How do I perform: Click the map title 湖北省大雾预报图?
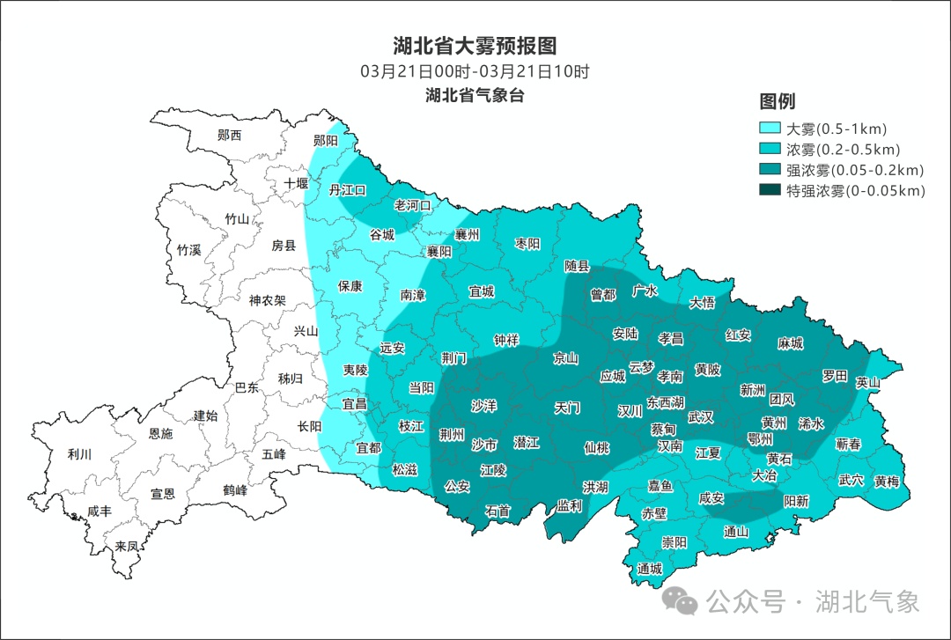[x=475, y=46]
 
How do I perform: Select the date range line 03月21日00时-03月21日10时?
[x=475, y=71]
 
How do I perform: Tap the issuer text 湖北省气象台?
[x=475, y=95]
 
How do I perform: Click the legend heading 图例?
[x=778, y=100]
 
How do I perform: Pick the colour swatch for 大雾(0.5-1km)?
[x=770, y=128]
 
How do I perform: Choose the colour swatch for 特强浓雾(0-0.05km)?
[x=770, y=190]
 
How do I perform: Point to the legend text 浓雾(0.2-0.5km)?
[x=843, y=149]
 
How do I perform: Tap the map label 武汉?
[x=701, y=416]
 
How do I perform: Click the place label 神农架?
[x=267, y=300]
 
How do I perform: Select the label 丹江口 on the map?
[x=347, y=190]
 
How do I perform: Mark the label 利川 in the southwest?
[x=79, y=455]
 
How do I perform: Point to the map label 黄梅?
[x=887, y=481]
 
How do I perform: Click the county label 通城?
[x=649, y=569]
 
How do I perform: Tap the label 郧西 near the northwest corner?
[x=229, y=136]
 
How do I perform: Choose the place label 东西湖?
[x=666, y=401]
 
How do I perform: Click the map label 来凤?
[x=127, y=547]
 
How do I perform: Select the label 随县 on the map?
[x=577, y=265]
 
